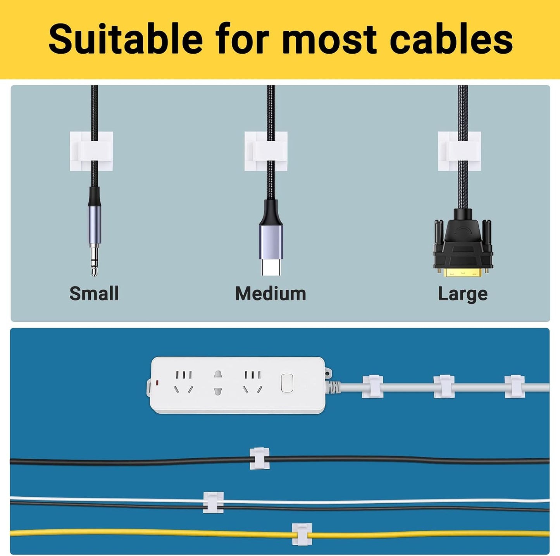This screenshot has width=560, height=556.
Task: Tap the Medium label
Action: point(271,294)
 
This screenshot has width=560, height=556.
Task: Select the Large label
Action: point(463,294)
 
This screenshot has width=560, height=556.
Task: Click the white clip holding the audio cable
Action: point(91,151)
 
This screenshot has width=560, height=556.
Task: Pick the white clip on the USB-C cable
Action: point(266,151)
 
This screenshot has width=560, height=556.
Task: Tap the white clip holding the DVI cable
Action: point(460,151)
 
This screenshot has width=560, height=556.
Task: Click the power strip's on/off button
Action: point(286,383)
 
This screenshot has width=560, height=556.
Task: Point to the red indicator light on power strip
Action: point(157,382)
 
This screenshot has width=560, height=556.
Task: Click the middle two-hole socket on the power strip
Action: point(218,382)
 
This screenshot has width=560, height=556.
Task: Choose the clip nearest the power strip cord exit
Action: point(372,387)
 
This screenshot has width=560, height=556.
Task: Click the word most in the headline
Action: point(328,40)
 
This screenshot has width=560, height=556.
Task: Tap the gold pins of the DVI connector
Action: point(463,272)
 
